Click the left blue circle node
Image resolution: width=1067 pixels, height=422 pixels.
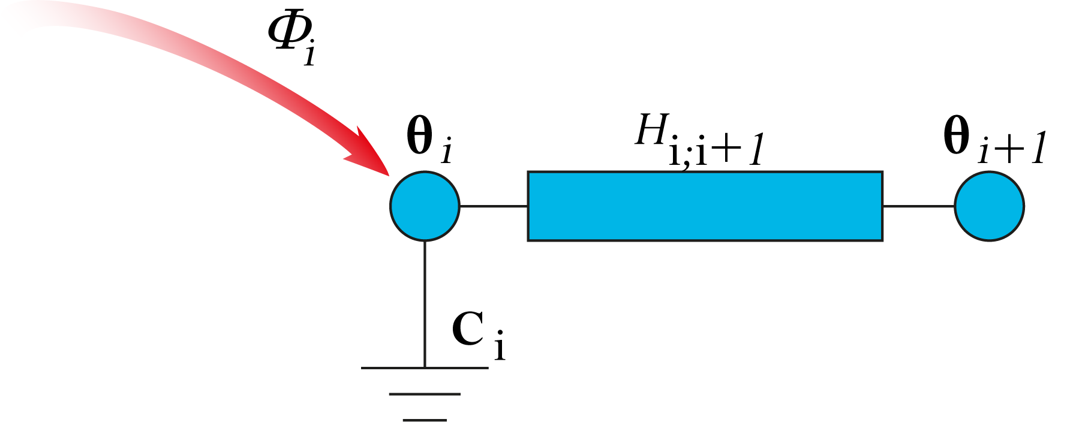(425, 206)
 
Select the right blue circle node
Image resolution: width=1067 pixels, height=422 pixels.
(989, 206)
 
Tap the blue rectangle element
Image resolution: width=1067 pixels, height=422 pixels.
(705, 206)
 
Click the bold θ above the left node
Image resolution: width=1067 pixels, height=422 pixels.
(420, 136)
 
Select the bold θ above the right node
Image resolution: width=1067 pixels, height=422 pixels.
(957, 136)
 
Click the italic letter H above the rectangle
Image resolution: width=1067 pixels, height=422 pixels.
(652, 130)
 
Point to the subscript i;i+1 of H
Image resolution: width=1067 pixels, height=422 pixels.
(717, 151)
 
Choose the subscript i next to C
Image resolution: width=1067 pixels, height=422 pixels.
(500, 346)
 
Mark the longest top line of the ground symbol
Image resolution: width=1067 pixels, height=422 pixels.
(425, 367)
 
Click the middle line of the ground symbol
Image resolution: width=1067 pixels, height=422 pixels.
(425, 394)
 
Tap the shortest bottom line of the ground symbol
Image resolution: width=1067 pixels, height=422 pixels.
(425, 420)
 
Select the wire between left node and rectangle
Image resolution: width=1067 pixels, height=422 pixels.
(494, 206)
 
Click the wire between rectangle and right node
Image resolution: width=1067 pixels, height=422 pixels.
(918, 206)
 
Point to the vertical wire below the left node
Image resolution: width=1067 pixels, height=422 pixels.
(425, 303)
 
